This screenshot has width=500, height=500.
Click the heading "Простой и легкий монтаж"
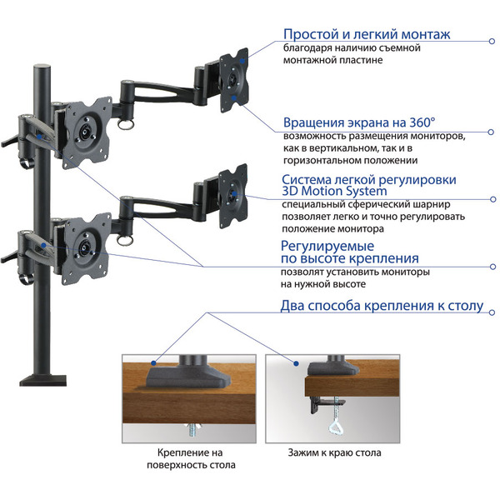click(x=367, y=34)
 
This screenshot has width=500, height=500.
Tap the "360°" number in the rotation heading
click(x=422, y=122)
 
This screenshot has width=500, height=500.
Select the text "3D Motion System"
click(x=334, y=192)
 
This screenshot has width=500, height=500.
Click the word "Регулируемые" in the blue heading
click(x=327, y=246)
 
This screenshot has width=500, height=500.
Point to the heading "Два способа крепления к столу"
click(x=382, y=306)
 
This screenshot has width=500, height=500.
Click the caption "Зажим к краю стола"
click(x=334, y=452)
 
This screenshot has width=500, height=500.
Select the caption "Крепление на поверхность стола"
click(x=191, y=458)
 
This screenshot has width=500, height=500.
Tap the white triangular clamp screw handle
click(x=336, y=427)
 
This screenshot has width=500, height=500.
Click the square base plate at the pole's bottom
click(x=43, y=381)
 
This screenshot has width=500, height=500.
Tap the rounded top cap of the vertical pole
click(x=42, y=67)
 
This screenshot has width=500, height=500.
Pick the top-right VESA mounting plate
click(x=234, y=80)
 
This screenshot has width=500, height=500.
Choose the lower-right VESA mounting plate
click(x=233, y=196)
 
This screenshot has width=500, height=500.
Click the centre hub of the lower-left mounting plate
click(x=85, y=247)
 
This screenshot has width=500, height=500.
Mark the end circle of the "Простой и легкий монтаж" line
click(x=492, y=41)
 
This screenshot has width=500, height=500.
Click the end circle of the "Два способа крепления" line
click(x=492, y=312)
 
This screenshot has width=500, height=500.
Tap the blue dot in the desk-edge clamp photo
click(x=296, y=363)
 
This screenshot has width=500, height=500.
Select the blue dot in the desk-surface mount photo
click(x=153, y=362)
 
